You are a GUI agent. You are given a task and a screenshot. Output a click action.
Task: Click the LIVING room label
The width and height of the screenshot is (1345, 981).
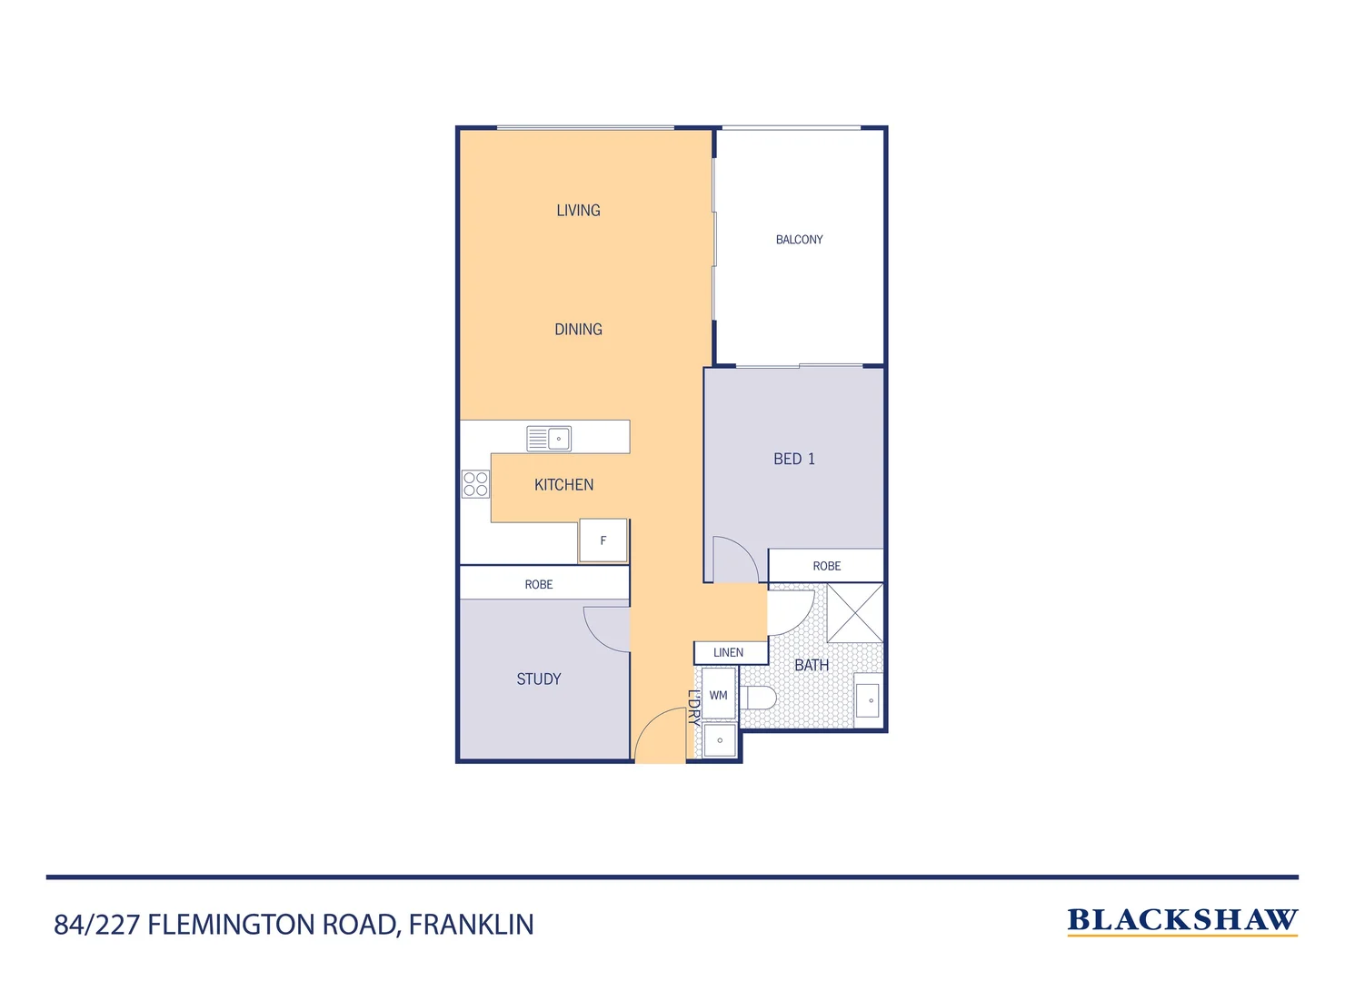(578, 211)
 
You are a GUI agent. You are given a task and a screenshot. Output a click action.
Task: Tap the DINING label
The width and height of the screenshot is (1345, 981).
(578, 330)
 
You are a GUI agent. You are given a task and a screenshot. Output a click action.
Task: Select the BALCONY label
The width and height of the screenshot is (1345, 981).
(799, 240)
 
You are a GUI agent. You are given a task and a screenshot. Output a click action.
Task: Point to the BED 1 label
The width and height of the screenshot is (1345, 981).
(793, 460)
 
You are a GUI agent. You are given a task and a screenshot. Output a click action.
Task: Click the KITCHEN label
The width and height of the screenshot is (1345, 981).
(563, 485)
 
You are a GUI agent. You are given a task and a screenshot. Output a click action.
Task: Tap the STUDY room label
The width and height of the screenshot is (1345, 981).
(538, 679)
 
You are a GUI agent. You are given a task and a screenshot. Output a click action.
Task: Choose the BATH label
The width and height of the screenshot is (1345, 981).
(812, 666)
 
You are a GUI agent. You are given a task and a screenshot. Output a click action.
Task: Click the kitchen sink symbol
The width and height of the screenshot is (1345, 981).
(549, 439)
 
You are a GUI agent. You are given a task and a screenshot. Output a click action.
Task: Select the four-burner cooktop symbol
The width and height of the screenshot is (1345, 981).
(475, 484)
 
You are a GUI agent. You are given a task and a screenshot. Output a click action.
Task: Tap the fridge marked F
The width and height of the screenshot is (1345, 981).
(603, 540)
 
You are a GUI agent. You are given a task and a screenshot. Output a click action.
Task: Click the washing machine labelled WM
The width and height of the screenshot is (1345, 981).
(718, 695)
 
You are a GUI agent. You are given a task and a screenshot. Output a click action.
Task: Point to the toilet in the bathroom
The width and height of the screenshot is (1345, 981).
(758, 698)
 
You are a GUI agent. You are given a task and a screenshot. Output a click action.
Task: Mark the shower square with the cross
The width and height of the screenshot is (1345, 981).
(854, 613)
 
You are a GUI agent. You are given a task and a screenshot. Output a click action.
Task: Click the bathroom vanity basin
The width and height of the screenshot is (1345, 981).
(868, 700)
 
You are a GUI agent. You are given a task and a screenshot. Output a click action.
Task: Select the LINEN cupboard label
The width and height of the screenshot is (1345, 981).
(729, 653)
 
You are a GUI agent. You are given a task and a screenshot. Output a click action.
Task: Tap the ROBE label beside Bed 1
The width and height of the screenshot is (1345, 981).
(826, 566)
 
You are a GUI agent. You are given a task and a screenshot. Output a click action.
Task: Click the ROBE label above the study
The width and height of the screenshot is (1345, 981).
(539, 585)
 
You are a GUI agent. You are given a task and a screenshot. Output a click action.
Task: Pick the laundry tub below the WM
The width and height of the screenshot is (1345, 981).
(720, 740)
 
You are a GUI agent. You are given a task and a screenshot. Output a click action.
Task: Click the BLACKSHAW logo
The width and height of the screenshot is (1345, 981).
(1181, 920)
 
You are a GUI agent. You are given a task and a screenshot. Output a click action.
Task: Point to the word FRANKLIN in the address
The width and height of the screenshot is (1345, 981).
(471, 925)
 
